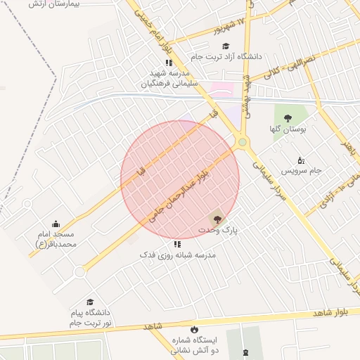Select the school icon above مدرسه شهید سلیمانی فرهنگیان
169,63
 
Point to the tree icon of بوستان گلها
287,117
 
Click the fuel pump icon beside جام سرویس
301,160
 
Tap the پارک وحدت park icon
216,219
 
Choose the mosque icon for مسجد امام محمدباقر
56,224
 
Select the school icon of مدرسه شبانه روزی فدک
177,244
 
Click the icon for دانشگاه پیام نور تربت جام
89,302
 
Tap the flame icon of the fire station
194,329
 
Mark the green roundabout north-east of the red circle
243,143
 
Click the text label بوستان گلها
286,129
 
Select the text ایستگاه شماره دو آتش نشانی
195,345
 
